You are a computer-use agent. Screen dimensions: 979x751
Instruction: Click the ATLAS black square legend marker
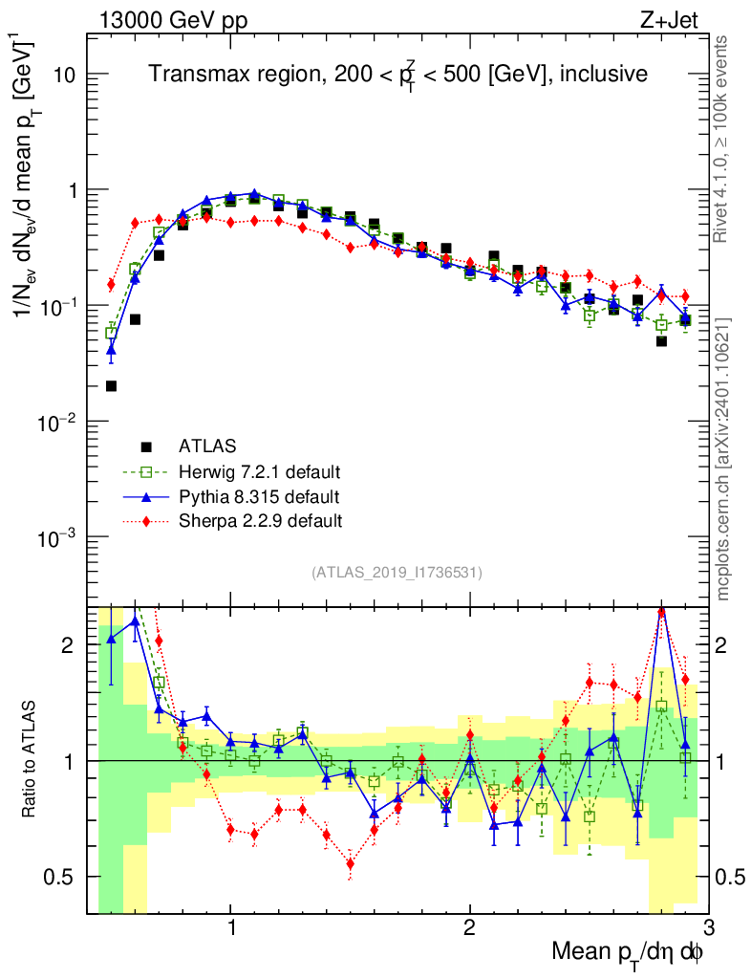pyautogui.click(x=146, y=446)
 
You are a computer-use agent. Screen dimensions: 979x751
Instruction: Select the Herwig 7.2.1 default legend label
pyautogui.click(x=260, y=471)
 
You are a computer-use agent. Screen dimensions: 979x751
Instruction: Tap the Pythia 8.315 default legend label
pyautogui.click(x=258, y=496)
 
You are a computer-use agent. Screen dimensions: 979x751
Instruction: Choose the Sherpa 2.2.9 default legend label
pyautogui.click(x=260, y=521)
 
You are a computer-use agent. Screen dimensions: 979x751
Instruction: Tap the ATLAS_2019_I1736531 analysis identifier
pyautogui.click(x=397, y=573)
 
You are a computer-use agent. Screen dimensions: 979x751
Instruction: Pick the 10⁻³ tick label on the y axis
pyautogui.click(x=57, y=537)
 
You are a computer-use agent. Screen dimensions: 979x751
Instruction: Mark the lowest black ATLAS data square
pyautogui.click(x=111, y=386)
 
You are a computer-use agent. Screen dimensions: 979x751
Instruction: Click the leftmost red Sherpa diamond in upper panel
pyautogui.click(x=111, y=284)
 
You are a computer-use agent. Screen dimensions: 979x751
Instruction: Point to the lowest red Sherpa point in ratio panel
pyautogui.click(x=351, y=863)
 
